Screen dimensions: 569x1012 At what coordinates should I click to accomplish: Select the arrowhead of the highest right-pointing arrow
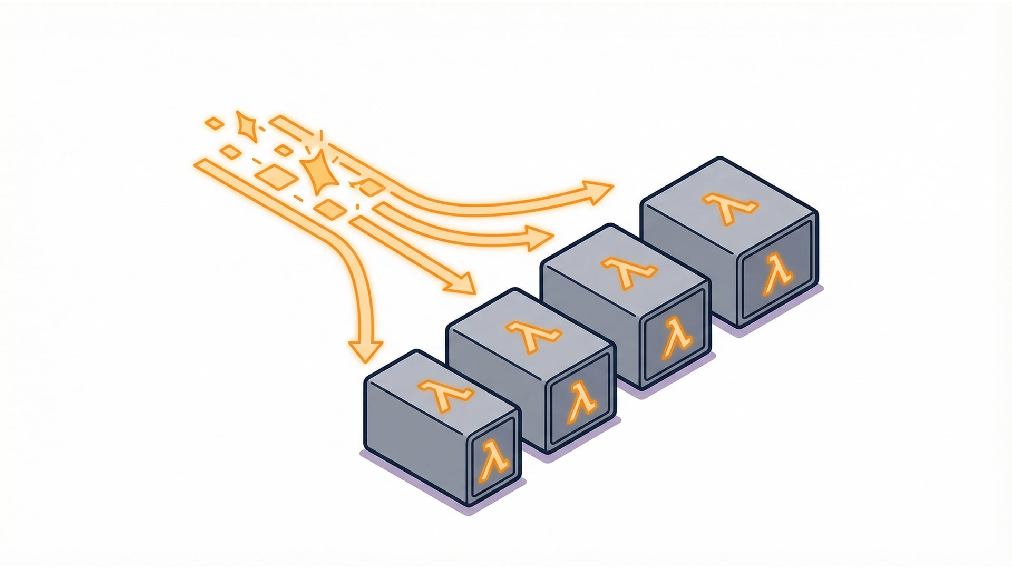coord(598,191)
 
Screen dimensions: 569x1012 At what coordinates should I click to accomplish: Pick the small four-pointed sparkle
coord(246,126)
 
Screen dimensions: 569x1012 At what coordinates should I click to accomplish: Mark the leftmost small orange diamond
coord(214,124)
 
